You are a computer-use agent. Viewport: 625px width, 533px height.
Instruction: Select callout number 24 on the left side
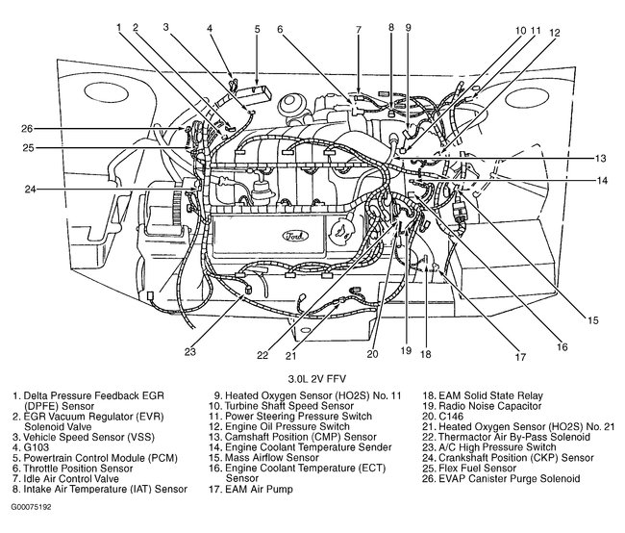click(30, 189)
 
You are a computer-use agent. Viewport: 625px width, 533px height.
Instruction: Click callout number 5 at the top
click(257, 28)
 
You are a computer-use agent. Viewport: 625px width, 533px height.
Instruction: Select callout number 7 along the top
click(358, 29)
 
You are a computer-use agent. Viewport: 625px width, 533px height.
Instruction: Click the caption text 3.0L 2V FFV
click(314, 377)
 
